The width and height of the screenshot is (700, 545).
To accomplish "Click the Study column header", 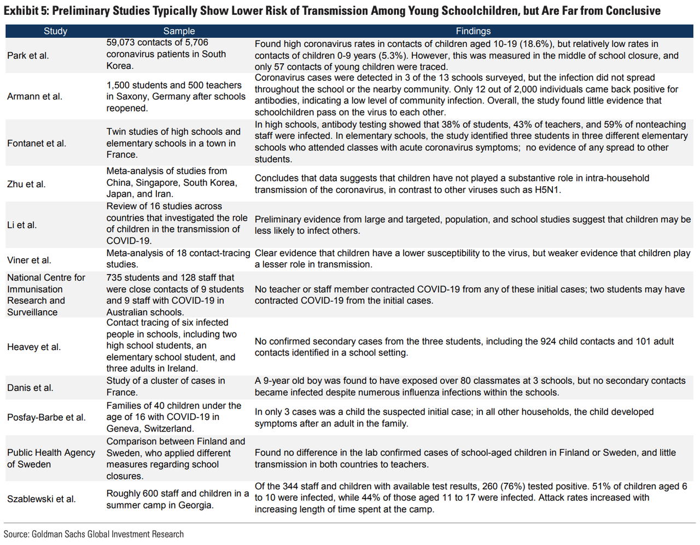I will click(55, 31).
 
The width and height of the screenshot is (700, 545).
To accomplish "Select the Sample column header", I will click(179, 31).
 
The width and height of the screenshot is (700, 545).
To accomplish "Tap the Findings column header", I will click(473, 31).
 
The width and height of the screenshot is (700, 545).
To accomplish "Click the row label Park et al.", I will click(28, 55).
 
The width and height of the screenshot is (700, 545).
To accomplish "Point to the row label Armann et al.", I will click(34, 97).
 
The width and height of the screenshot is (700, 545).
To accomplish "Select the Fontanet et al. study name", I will click(37, 143).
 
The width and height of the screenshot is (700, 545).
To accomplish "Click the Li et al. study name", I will click(22, 225).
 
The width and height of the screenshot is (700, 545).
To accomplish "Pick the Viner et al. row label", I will click(29, 260).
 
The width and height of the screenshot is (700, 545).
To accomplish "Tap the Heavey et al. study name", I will click(34, 347).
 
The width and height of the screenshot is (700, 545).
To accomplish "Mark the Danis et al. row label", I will click(30, 388).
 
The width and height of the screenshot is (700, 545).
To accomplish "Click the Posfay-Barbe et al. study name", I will click(46, 417).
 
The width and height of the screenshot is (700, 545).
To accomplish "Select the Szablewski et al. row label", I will click(42, 499).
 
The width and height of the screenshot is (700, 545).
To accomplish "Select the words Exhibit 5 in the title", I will click(25, 11).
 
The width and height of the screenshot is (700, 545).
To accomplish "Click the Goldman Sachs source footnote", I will click(94, 534).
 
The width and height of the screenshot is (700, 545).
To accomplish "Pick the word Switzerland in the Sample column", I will click(168, 429).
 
